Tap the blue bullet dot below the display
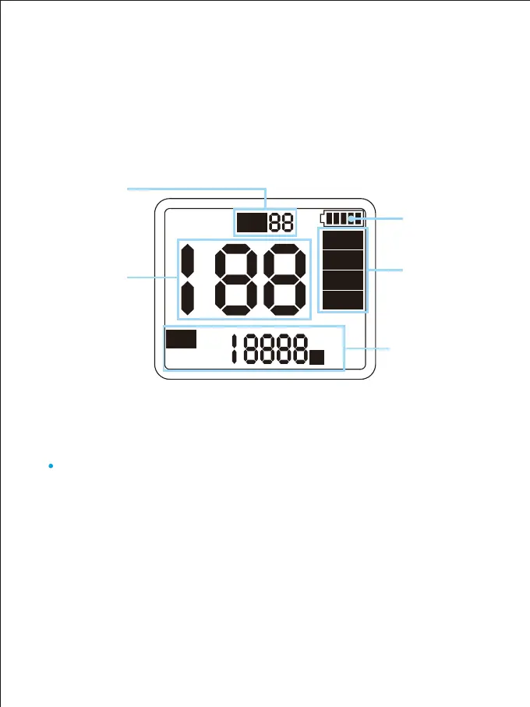pos(50,466)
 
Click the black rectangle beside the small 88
pos(252,223)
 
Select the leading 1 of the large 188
pos(188,278)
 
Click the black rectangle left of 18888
pos(181,338)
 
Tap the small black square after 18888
pos(317,357)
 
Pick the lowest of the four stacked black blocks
pos(342,300)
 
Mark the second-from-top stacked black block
pos(342,260)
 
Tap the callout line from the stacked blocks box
pos(385,270)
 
